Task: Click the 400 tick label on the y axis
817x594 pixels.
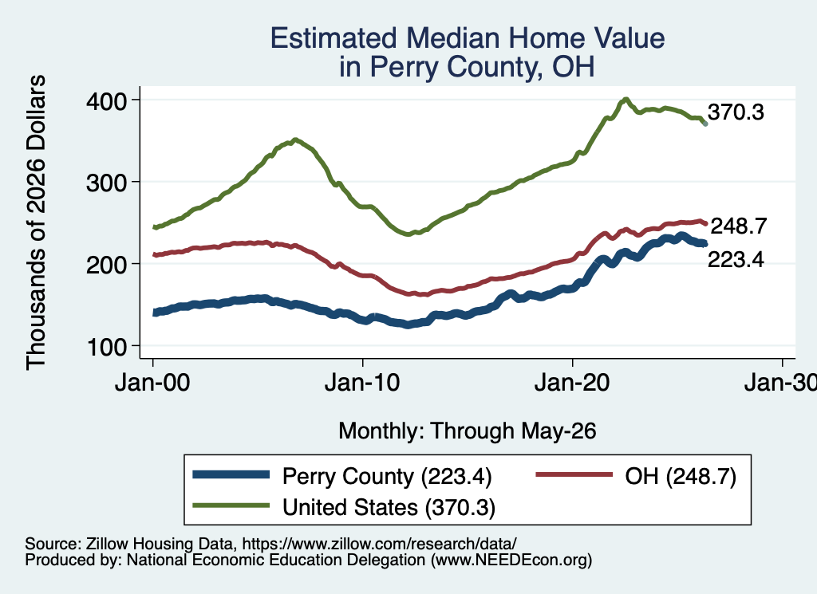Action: click(106, 101)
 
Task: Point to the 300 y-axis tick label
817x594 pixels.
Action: click(106, 183)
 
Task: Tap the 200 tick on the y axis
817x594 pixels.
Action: click(106, 265)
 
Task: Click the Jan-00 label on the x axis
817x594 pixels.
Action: click(152, 384)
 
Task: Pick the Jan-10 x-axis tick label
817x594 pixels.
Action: click(362, 384)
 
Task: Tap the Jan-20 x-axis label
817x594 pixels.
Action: click(572, 384)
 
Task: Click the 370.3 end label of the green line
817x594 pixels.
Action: click(736, 112)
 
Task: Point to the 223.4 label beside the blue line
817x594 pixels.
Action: click(736, 259)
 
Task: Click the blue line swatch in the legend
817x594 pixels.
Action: click(231, 474)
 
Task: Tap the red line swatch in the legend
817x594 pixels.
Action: click(574, 474)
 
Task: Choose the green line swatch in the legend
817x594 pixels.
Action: click(231, 505)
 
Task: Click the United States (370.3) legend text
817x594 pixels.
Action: click(389, 508)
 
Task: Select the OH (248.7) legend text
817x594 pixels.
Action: click(681, 476)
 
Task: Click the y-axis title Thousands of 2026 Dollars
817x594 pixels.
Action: click(36, 222)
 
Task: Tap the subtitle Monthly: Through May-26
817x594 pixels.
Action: click(468, 431)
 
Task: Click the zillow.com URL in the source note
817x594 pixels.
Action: click(379, 544)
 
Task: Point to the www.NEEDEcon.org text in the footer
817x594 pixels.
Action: click(511, 561)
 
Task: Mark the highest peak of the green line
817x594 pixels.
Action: click(626, 100)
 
